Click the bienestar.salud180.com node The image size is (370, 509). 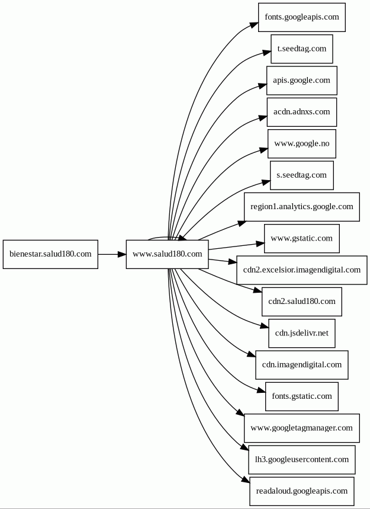pyautogui.click(x=50, y=254)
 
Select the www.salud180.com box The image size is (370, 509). pyautogui.click(x=167, y=254)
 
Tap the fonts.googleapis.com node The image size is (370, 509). pyautogui.click(x=301, y=17)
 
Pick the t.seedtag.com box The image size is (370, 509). pyautogui.click(x=301, y=49)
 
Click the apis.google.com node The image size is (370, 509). pyautogui.click(x=301, y=81)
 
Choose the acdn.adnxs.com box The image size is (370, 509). pyautogui.click(x=301, y=112)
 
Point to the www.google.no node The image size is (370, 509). pyautogui.click(x=301, y=143)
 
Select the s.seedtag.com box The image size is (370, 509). pyautogui.click(x=301, y=175)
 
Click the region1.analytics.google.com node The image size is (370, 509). pyautogui.click(x=301, y=207)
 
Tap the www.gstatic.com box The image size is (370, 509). pyautogui.click(x=301, y=238)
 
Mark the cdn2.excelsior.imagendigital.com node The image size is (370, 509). pyautogui.click(x=301, y=270)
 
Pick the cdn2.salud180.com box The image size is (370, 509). pyautogui.click(x=301, y=302)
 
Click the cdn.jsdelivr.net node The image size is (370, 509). pyautogui.click(x=301, y=333)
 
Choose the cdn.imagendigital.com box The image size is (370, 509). pyautogui.click(x=301, y=364)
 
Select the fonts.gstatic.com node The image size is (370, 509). pyautogui.click(x=301, y=396)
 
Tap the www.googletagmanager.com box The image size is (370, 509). pyautogui.click(x=301, y=428)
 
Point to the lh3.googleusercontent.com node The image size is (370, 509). pyautogui.click(x=301, y=459)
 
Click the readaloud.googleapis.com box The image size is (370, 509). pyautogui.click(x=301, y=491)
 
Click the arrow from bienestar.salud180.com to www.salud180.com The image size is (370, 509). pyautogui.click(x=112, y=254)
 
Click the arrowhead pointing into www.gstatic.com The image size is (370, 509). pyautogui.click(x=260, y=244)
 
